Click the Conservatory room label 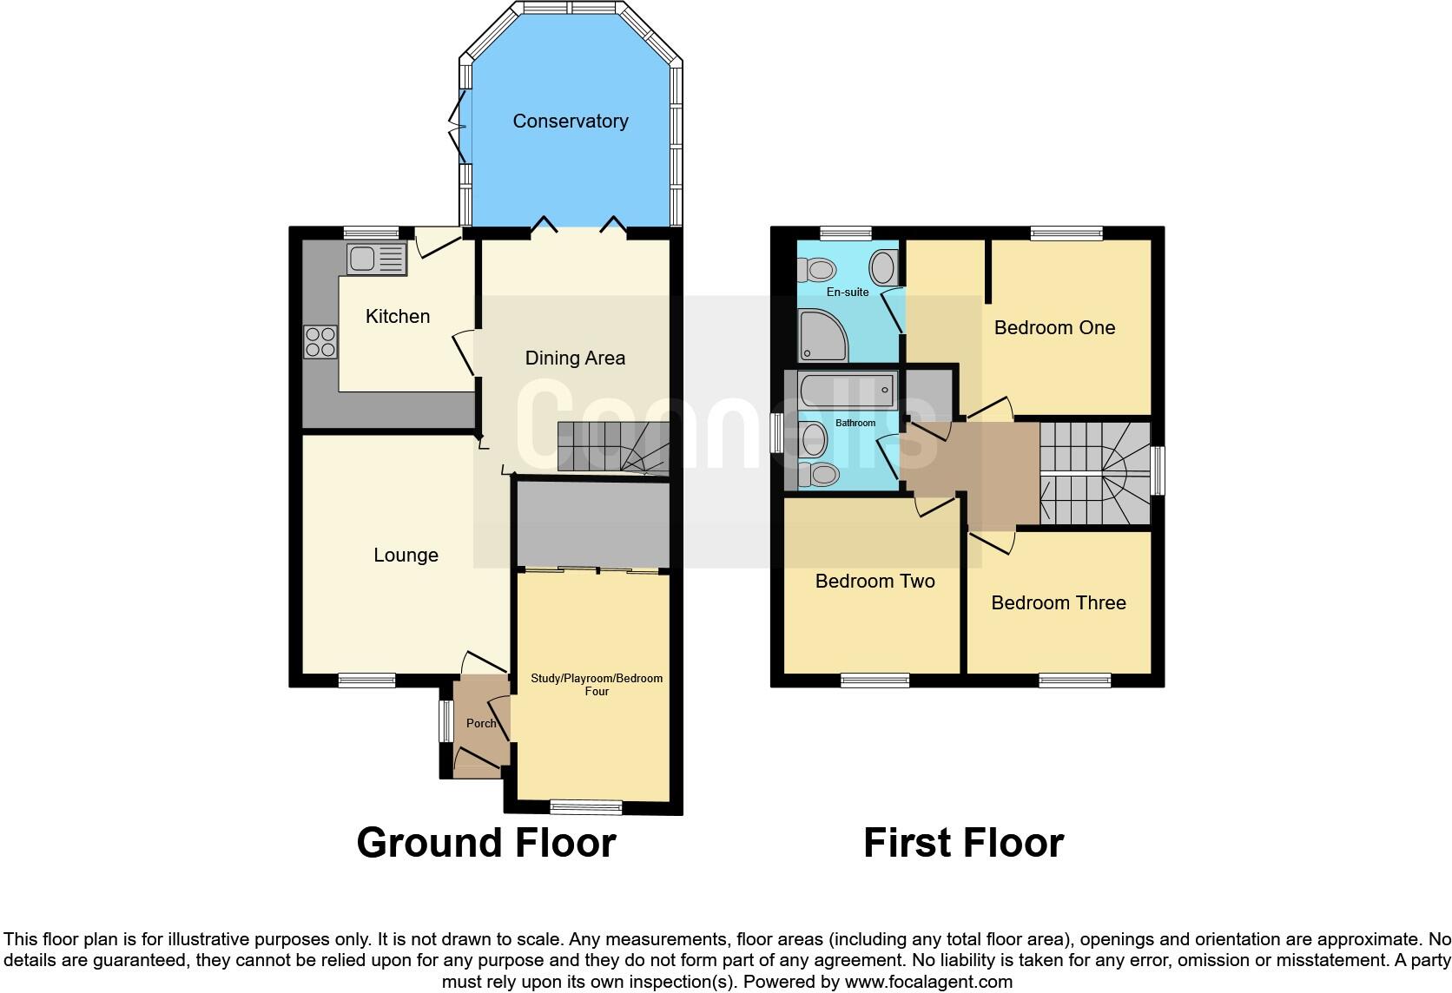tap(570, 122)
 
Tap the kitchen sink tap(376, 259)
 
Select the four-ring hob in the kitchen tap(320, 341)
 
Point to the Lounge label tap(406, 556)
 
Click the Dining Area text tap(575, 358)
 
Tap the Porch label tap(481, 723)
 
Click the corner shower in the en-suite tap(822, 335)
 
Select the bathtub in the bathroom tap(848, 391)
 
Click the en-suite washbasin tap(883, 267)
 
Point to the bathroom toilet tap(820, 474)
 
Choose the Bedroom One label tap(1054, 328)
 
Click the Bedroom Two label tap(874, 582)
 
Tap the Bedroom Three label tap(1058, 603)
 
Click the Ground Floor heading tap(486, 843)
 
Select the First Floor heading tap(963, 843)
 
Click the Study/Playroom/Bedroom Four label tap(597, 685)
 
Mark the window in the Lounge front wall tap(366, 681)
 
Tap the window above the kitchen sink tap(371, 233)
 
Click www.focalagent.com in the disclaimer tap(927, 982)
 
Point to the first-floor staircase tap(1094, 474)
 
